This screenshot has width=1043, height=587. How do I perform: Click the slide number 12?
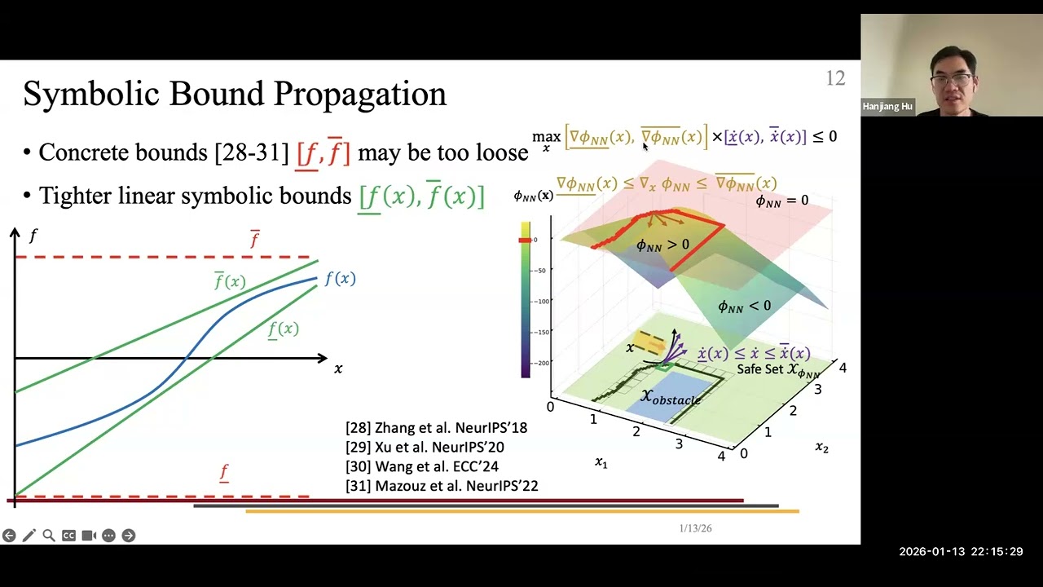point(835,78)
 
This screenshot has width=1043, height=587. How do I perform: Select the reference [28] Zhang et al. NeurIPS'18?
point(436,427)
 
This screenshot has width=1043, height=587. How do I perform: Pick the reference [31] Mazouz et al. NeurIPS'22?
point(442,486)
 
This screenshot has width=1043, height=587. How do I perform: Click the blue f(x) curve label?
point(340,279)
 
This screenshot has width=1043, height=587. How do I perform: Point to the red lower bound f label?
point(224,472)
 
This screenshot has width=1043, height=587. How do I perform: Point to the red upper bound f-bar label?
point(254,239)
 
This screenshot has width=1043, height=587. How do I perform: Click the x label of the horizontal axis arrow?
point(338,369)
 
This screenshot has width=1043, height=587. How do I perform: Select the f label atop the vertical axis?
point(33,236)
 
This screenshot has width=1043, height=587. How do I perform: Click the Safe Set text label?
point(760,369)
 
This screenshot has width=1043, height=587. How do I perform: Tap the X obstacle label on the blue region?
point(670,397)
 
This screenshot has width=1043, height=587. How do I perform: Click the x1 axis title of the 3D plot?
point(601,462)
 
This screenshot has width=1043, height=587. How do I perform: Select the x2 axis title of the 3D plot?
point(821,447)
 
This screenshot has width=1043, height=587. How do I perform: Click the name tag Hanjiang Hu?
point(887,107)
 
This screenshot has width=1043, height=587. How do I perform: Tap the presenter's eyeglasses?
point(952,80)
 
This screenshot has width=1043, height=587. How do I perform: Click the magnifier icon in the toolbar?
point(49,536)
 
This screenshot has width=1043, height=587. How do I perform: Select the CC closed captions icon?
point(68,536)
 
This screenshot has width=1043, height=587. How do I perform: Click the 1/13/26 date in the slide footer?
point(695,528)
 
